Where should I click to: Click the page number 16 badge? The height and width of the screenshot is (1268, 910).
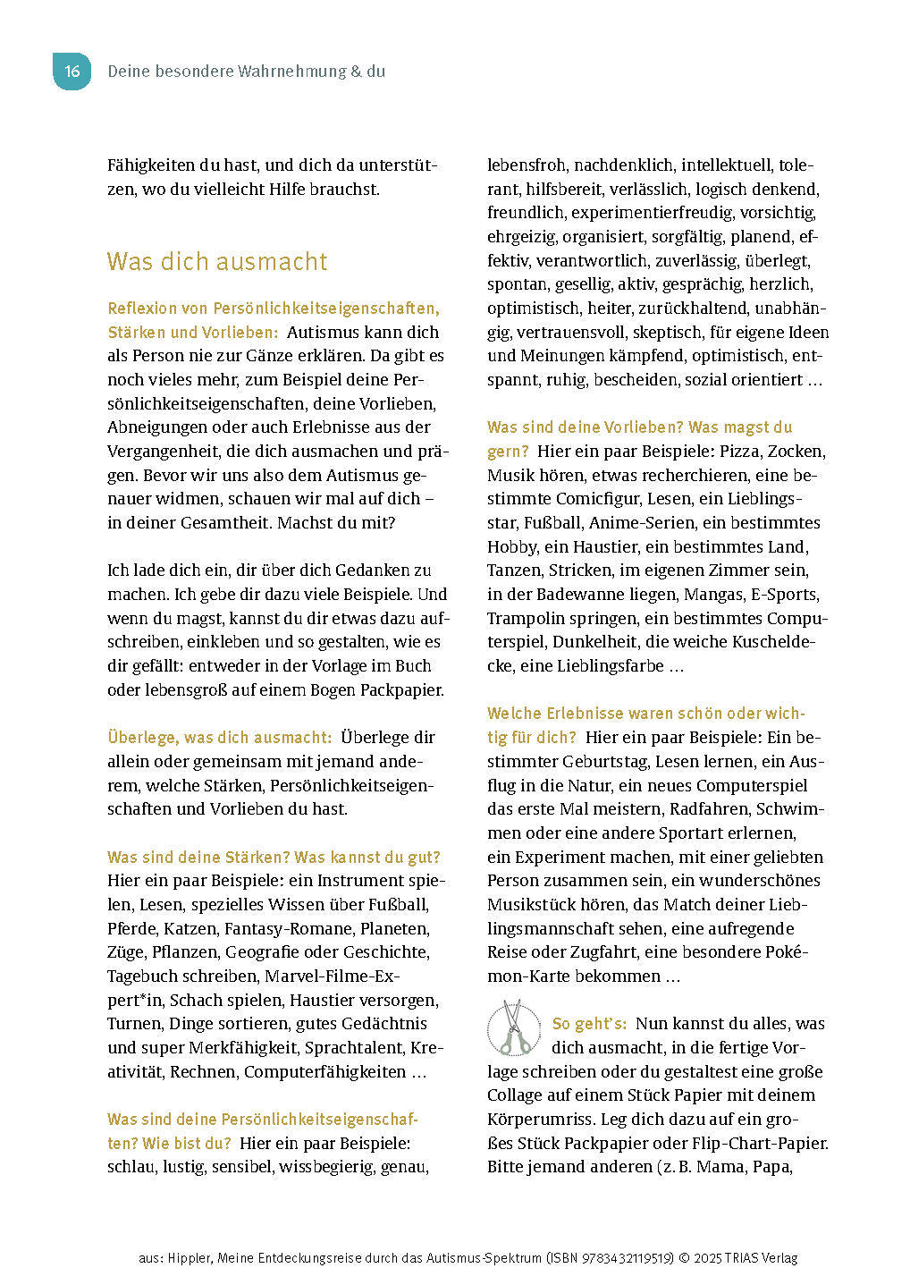click(x=72, y=72)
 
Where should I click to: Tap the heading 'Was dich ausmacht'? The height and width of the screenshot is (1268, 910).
click(x=217, y=261)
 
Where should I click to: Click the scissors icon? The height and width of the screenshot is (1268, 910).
click(x=514, y=1028)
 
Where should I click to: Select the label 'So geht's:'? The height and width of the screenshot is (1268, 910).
click(x=589, y=1024)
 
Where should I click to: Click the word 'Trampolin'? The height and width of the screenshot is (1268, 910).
click(x=524, y=619)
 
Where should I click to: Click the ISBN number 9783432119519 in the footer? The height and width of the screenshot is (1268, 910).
click(x=628, y=1258)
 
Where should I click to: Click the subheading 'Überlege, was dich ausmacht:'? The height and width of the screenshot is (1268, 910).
click(x=219, y=738)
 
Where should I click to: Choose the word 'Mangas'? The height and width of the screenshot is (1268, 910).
click(x=713, y=595)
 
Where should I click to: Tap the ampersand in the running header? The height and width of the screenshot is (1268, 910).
click(x=356, y=72)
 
